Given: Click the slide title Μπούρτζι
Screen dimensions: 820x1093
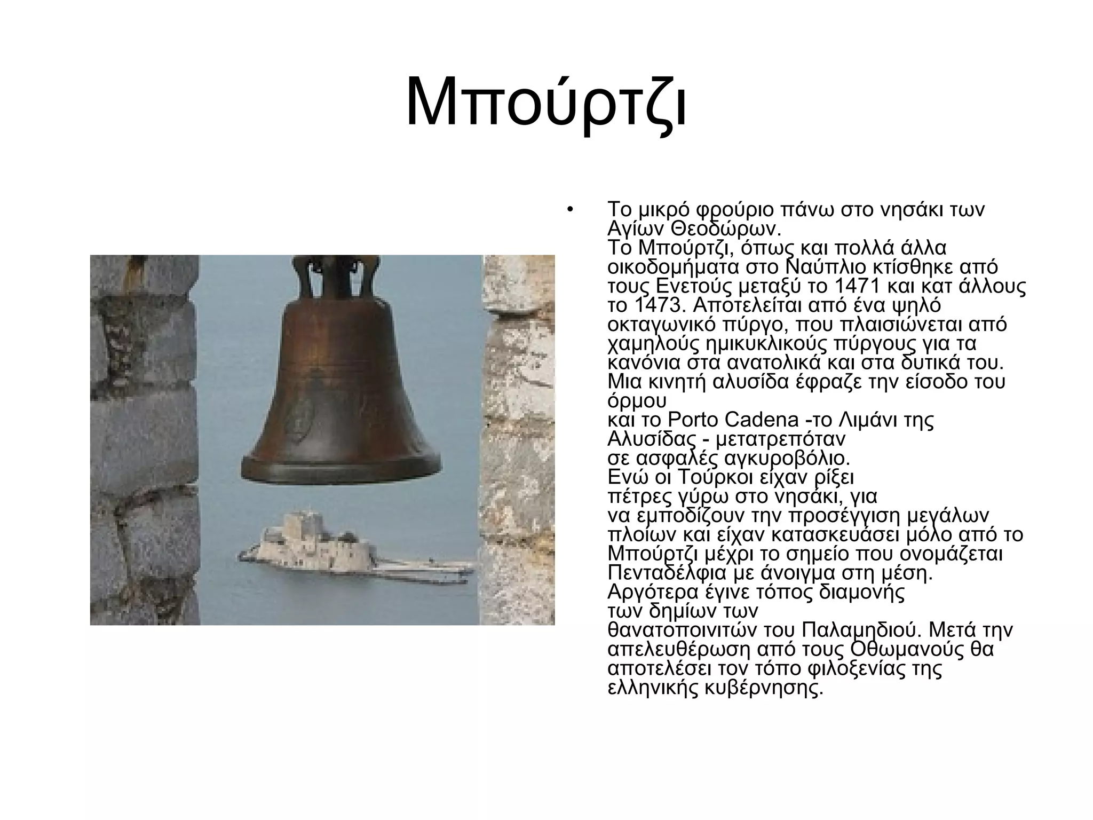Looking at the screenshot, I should click(546, 102).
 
